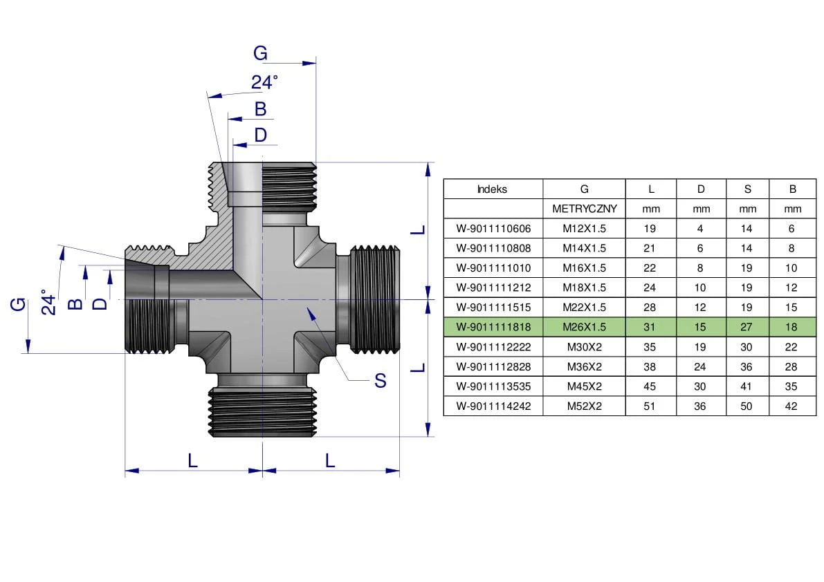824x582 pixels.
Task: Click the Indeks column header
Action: click(x=492, y=189)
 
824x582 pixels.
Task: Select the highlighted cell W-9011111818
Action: click(x=492, y=327)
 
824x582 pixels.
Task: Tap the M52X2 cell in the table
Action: click(x=584, y=406)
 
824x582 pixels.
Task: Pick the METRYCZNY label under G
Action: click(x=584, y=209)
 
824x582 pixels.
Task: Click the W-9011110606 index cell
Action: click(x=492, y=229)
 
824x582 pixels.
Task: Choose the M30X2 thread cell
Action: click(x=584, y=347)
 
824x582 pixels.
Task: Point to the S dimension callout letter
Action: click(x=380, y=380)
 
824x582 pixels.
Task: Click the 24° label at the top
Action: click(x=264, y=82)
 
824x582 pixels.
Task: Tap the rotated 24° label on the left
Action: click(x=48, y=303)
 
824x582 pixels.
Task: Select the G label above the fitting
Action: click(x=260, y=53)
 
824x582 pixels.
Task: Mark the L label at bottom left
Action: click(x=193, y=460)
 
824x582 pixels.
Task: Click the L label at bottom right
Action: click(x=330, y=460)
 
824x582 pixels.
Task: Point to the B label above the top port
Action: click(x=260, y=109)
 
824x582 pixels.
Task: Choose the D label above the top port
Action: click(x=260, y=135)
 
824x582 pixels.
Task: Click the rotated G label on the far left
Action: click(x=19, y=303)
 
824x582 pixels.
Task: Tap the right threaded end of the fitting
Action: click(x=376, y=299)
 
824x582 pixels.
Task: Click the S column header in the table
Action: click(x=747, y=189)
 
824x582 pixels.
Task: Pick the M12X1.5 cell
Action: click(x=584, y=229)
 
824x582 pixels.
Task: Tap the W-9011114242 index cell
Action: click(x=492, y=406)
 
